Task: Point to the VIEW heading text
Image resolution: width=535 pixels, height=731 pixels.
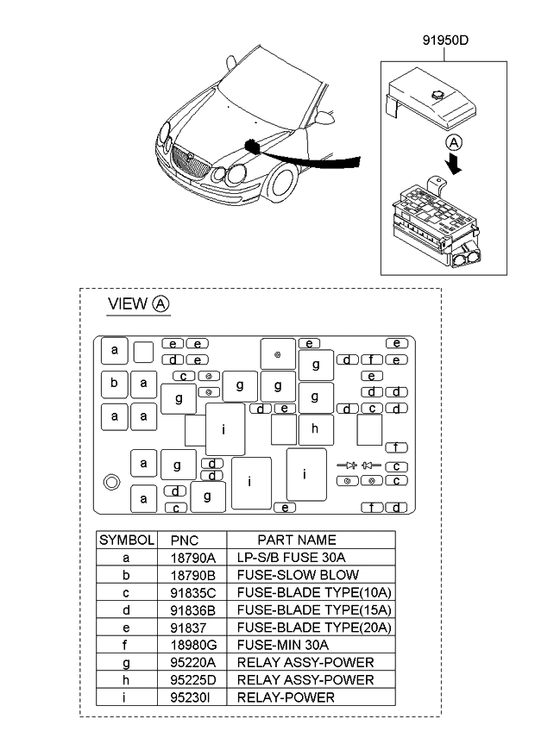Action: (126, 304)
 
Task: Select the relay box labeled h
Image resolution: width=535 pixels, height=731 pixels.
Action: (315, 428)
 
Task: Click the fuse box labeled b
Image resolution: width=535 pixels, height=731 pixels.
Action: (114, 383)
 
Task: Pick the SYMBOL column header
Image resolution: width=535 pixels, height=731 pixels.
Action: (126, 540)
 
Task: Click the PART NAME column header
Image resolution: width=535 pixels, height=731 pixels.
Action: (296, 540)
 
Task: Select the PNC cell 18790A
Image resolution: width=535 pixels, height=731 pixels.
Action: (191, 558)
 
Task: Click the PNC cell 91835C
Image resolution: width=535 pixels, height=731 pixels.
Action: (191, 592)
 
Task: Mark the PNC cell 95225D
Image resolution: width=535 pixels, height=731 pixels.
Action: (191, 680)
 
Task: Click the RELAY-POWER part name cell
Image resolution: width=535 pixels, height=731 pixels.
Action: (286, 697)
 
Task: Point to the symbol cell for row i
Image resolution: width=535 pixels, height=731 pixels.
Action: (126, 697)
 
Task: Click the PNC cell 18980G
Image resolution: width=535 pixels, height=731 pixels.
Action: (191, 645)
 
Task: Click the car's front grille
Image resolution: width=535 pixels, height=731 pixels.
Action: (187, 160)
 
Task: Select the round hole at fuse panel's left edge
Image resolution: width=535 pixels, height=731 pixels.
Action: (111, 483)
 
